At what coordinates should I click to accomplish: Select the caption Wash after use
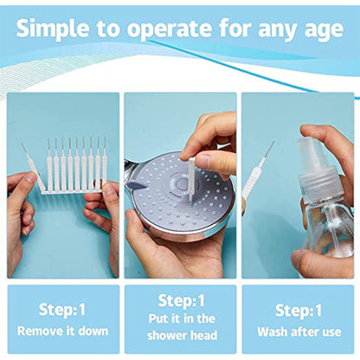(299, 331)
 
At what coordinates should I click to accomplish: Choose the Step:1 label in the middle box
(179, 300)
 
